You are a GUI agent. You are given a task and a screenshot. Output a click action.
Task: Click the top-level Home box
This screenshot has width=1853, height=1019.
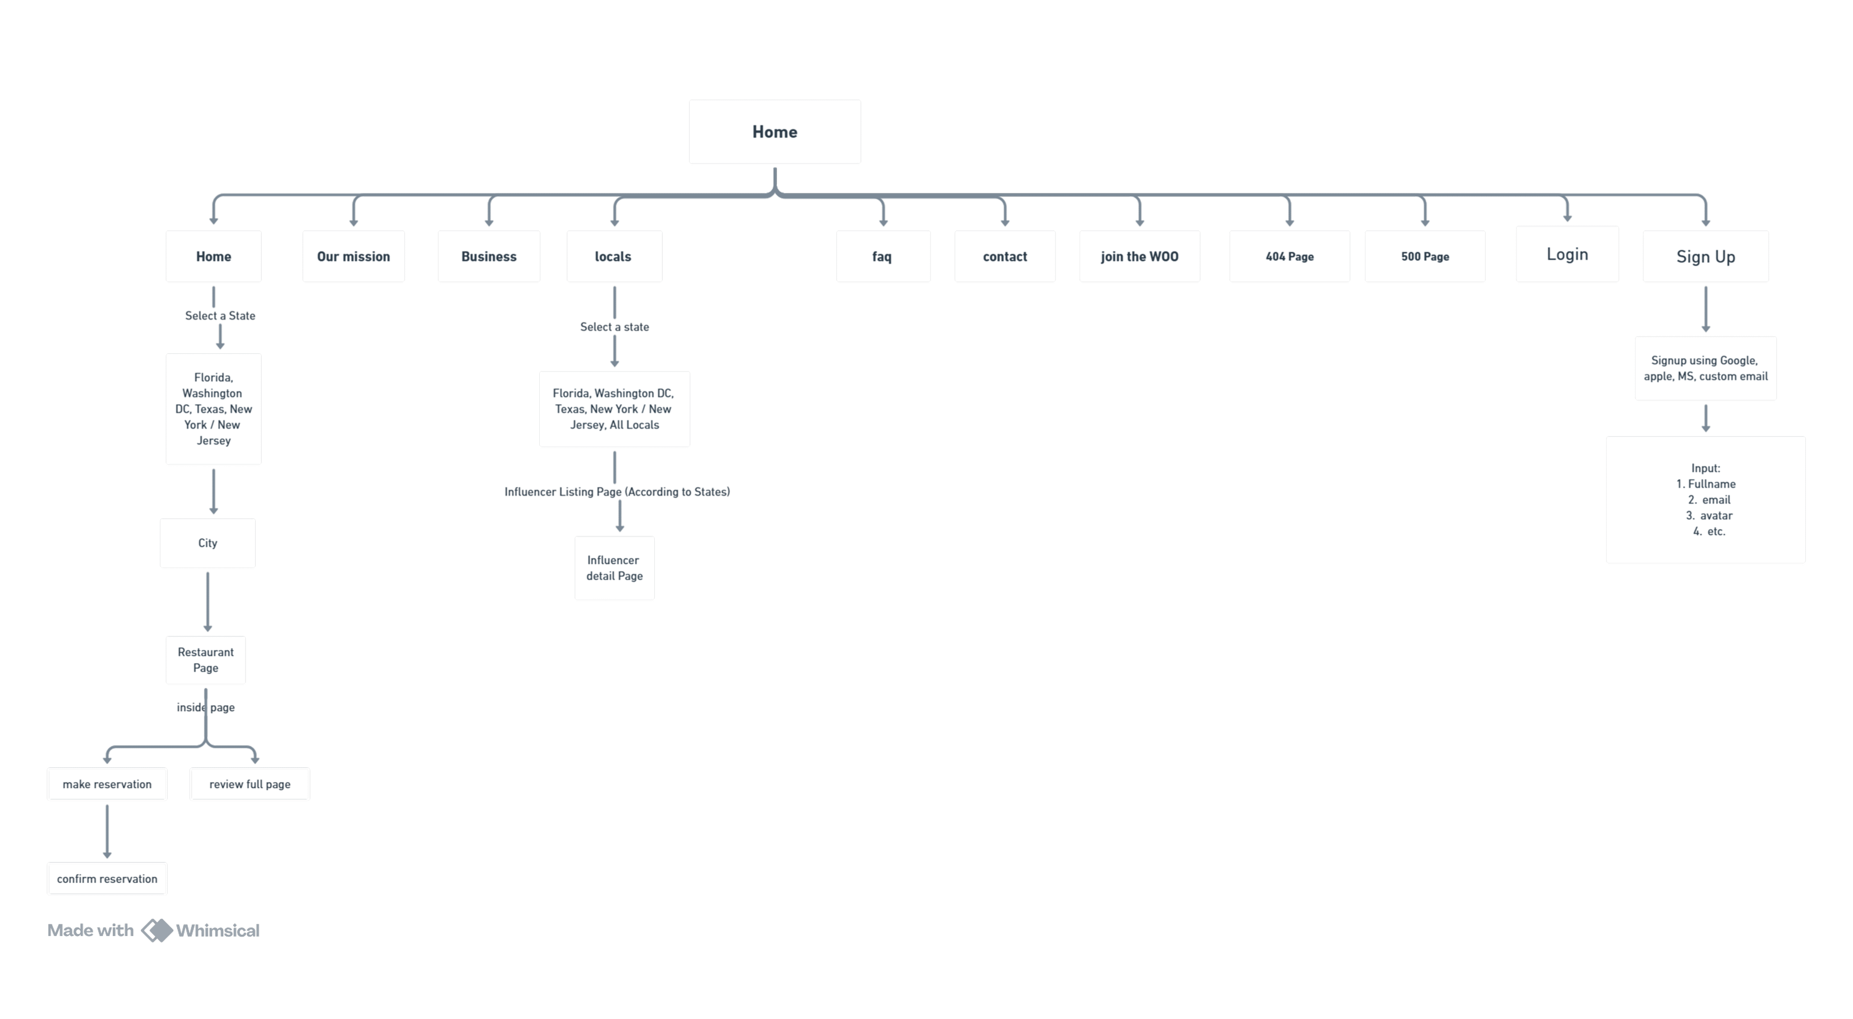(x=775, y=132)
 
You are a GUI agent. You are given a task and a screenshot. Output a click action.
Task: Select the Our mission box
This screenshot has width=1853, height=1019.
(x=353, y=256)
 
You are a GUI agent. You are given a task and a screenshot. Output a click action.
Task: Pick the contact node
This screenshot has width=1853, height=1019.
(x=1005, y=256)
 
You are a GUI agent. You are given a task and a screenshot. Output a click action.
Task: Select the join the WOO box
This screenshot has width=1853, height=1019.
(x=1139, y=256)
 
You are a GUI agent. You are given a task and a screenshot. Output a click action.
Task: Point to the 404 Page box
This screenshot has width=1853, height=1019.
(x=1290, y=256)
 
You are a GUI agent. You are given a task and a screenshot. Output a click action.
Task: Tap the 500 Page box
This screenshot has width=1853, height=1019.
(x=1425, y=256)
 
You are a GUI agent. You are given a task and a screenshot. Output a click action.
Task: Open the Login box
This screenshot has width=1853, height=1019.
(x=1567, y=254)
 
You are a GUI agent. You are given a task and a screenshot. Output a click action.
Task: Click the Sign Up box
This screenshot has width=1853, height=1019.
(x=1705, y=256)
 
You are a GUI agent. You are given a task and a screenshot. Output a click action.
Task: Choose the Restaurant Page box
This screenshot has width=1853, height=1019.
(x=206, y=659)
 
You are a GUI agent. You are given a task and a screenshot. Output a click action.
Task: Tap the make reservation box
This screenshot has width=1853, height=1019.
(x=107, y=784)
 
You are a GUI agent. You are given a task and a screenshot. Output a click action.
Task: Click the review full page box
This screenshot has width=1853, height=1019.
(x=250, y=784)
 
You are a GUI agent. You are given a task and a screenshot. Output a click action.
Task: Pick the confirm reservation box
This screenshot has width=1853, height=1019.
(x=107, y=878)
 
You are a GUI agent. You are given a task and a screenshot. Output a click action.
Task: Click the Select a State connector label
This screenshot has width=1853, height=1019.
(x=220, y=316)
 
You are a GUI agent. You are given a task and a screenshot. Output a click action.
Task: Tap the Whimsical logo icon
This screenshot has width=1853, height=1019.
(x=157, y=931)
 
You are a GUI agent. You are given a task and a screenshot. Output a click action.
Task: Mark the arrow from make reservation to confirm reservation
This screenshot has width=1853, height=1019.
(x=107, y=831)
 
